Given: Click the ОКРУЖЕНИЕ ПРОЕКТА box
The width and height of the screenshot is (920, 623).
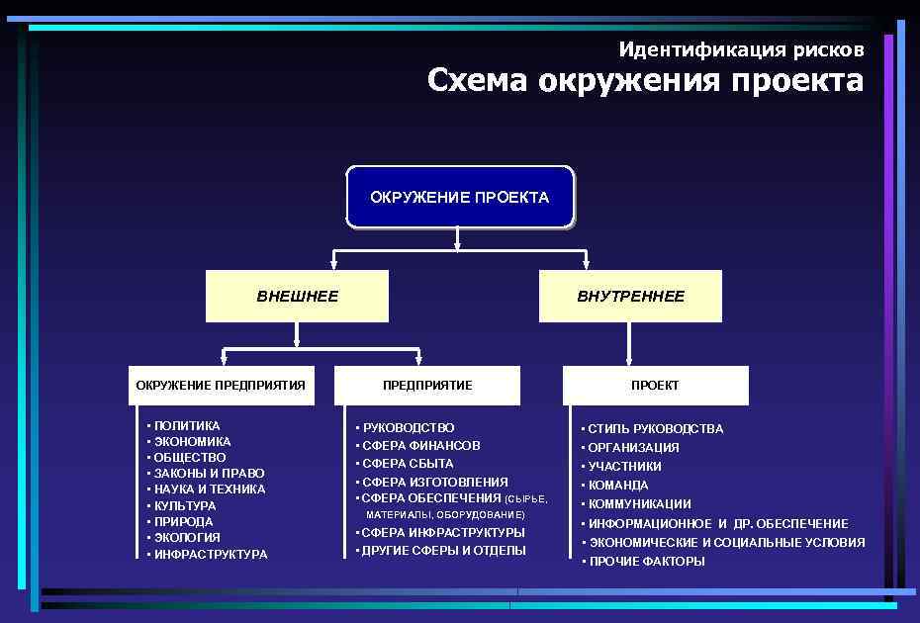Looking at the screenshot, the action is point(459,197).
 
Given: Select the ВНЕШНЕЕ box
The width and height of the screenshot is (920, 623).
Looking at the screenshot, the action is point(297,296).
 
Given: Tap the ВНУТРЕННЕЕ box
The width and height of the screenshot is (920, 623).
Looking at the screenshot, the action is point(630,296).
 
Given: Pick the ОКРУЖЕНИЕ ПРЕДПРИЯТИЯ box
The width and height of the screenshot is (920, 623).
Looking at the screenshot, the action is point(221,385).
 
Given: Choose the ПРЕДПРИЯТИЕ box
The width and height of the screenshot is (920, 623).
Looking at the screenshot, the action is point(427,385).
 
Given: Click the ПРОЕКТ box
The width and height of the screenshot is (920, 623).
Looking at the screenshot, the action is point(655,385).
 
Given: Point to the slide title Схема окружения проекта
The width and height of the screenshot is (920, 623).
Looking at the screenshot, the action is point(645,80).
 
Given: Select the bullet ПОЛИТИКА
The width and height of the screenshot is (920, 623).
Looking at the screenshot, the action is point(187,426).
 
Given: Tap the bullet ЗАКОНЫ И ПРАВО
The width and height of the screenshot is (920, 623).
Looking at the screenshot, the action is point(209,474).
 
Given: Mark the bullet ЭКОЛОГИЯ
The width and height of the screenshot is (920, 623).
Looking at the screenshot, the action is point(187,538).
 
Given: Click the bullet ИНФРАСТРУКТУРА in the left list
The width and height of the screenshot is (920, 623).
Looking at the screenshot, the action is point(210,555).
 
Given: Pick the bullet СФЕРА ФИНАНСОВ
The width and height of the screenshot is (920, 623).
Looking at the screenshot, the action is point(420,446).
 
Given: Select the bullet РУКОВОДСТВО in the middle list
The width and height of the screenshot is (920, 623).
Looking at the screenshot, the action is point(409,428).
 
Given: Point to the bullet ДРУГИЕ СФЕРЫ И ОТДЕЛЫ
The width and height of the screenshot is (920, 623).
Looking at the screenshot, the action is point(443,551).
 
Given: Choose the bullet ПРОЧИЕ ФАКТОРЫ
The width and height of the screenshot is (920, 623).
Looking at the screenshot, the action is point(646,562).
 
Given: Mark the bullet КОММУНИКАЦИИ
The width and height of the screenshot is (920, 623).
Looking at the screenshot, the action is point(639,504).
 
